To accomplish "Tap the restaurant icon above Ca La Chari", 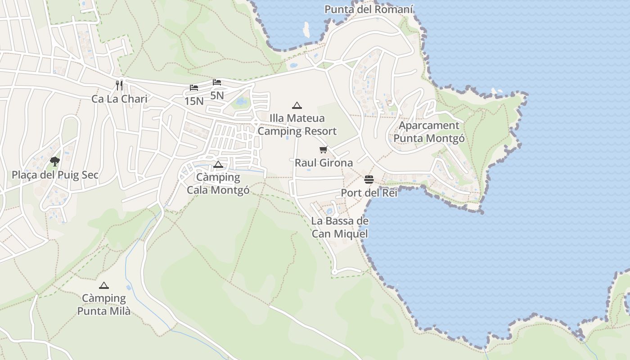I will click(x=119, y=85).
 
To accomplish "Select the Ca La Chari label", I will click(x=119, y=99).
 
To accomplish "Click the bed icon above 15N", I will click(x=194, y=87).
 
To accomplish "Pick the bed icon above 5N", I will click(x=217, y=82).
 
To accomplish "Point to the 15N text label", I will click(x=194, y=101).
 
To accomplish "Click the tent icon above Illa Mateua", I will click(x=297, y=106).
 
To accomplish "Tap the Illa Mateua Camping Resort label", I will click(x=297, y=125).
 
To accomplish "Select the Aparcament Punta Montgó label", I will click(x=429, y=132).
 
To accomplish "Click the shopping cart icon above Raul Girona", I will click(x=324, y=149).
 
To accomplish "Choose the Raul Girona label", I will click(x=324, y=162).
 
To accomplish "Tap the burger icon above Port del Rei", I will click(x=369, y=180).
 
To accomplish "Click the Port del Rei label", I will click(x=369, y=193).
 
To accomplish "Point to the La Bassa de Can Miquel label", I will click(x=340, y=227).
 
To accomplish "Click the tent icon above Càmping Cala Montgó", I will click(x=218, y=164).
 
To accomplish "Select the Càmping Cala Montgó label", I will click(x=218, y=184).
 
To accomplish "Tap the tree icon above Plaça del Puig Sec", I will click(x=55, y=161).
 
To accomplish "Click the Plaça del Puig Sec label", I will click(x=55, y=175).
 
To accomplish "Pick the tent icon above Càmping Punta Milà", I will click(x=104, y=285).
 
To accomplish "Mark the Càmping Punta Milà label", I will click(x=104, y=305).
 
